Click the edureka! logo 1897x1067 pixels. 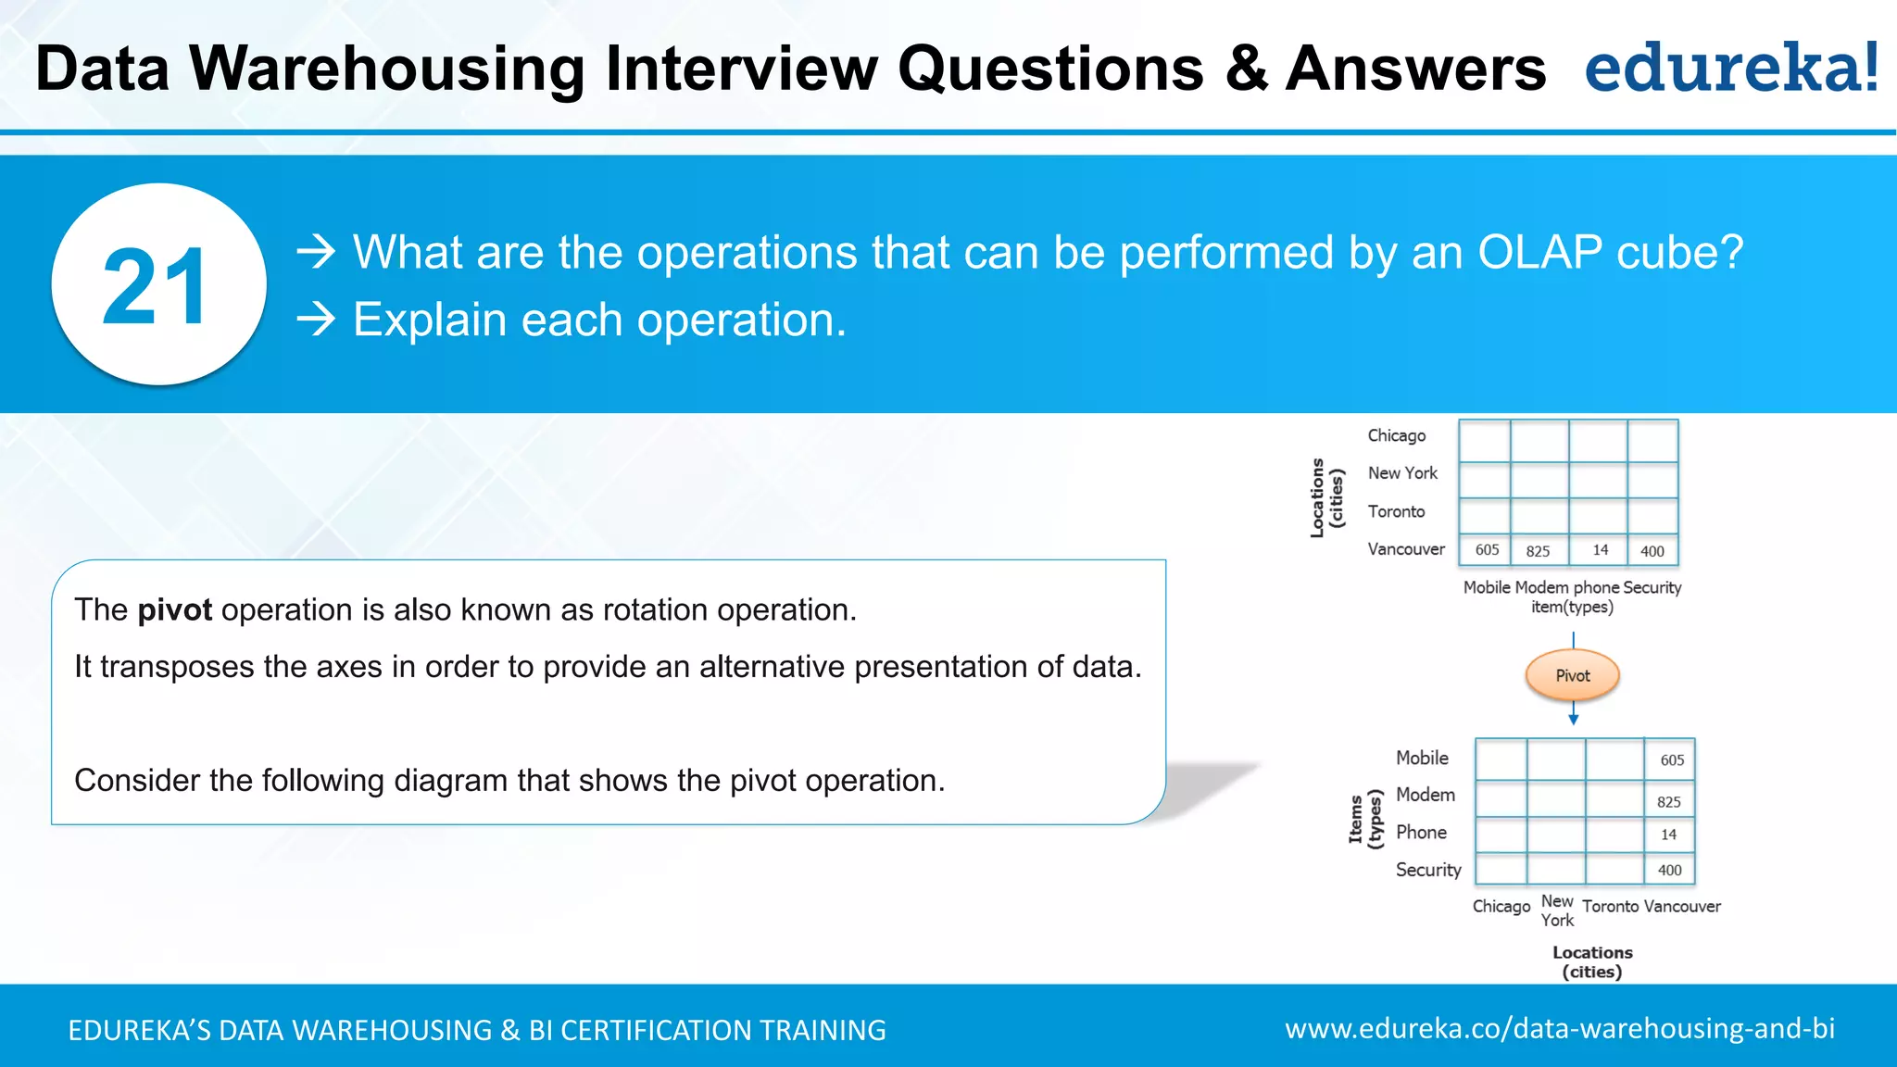point(1730,69)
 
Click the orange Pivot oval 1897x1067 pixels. point(1572,675)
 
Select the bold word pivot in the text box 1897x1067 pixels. point(174,610)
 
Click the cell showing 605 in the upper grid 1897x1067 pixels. point(1486,550)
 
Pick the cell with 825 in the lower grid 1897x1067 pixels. point(1669,802)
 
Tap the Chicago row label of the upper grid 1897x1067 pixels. point(1396,435)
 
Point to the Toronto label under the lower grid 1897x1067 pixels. point(1610,907)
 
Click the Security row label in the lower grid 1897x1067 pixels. point(1427,870)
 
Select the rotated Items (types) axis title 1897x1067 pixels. point(1364,819)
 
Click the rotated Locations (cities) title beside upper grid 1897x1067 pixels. point(1325,497)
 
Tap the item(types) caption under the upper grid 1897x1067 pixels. point(1572,608)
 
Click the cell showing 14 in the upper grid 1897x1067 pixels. point(1600,550)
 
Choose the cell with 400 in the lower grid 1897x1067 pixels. point(1669,871)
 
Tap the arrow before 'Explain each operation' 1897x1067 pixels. point(316,320)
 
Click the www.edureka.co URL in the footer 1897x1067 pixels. point(1559,1028)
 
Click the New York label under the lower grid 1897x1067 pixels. point(1557,910)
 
